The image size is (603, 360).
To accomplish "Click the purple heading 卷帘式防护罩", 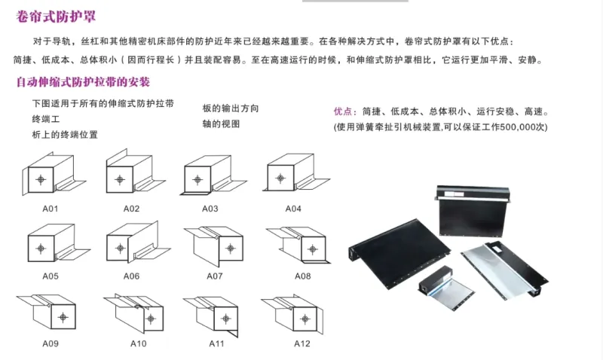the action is pyautogui.click(x=56, y=17).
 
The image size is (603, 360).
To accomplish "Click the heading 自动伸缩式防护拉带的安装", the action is pyautogui.click(x=83, y=82).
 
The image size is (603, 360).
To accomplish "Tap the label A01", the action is pyautogui.click(x=51, y=209).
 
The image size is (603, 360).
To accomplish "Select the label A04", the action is pyautogui.click(x=293, y=209).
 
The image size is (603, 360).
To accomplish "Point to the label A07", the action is pyautogui.click(x=215, y=276).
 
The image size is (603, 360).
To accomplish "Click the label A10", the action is pyautogui.click(x=139, y=343).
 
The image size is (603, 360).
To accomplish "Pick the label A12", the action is pyautogui.click(x=302, y=343).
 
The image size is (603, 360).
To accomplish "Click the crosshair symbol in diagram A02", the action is pyautogui.click(x=120, y=179).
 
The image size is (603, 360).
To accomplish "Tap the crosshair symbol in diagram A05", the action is pyautogui.click(x=41, y=249).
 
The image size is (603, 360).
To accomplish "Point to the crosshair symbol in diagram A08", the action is pyautogui.click(x=313, y=249).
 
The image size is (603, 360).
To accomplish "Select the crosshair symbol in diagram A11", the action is pyautogui.click(x=226, y=319).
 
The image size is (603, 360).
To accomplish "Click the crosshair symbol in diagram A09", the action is pyautogui.click(x=63, y=317).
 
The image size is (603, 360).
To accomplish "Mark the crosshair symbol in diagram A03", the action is pyautogui.click(x=197, y=179).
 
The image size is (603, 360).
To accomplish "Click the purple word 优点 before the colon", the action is pyautogui.click(x=343, y=111).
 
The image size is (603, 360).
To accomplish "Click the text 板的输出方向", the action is pyautogui.click(x=231, y=108).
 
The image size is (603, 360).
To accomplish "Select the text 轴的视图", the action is pyautogui.click(x=221, y=124).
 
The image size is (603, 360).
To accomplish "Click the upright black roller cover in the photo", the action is pyautogui.click(x=474, y=212).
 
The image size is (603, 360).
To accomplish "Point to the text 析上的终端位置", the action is pyautogui.click(x=65, y=135).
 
